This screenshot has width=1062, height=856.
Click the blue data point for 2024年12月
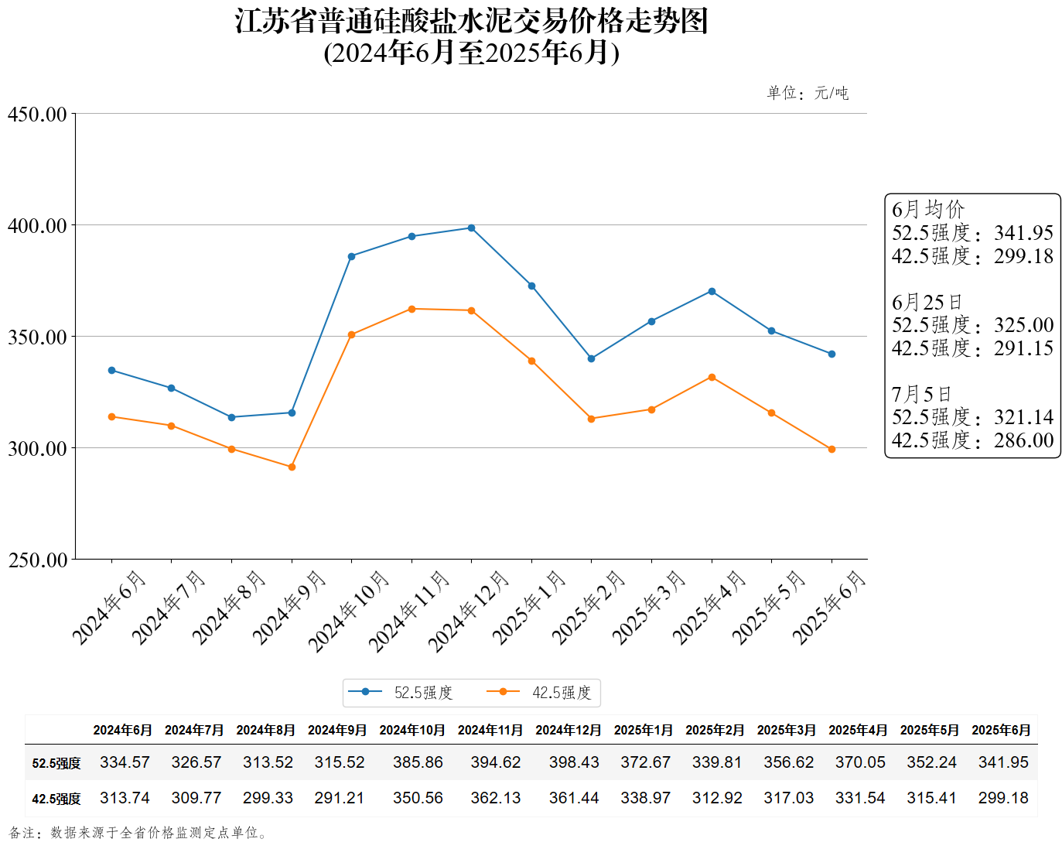471,228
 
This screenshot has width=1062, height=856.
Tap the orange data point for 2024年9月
292,467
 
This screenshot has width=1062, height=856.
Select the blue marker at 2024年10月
351,256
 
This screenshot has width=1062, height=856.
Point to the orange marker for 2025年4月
712,378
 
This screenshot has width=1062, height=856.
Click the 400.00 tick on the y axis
37,226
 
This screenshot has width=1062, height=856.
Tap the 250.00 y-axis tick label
37,560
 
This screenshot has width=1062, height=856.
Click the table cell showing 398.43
574,762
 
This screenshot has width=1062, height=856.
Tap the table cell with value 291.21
339,798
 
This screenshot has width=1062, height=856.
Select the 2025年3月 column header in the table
787,730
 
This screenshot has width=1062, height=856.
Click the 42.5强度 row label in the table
56,799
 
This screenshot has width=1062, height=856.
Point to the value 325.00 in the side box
1023,325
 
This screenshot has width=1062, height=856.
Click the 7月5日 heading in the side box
921,395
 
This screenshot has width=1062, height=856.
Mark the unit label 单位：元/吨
808,94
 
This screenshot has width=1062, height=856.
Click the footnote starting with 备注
139,833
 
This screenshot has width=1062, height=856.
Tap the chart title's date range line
471,53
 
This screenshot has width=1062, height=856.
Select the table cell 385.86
418,762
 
